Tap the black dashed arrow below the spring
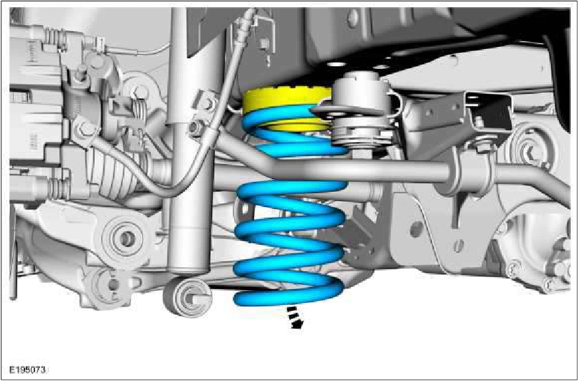click(x=295, y=317)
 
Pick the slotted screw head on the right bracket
click(x=458, y=245)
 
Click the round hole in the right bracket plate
click(x=417, y=230)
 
